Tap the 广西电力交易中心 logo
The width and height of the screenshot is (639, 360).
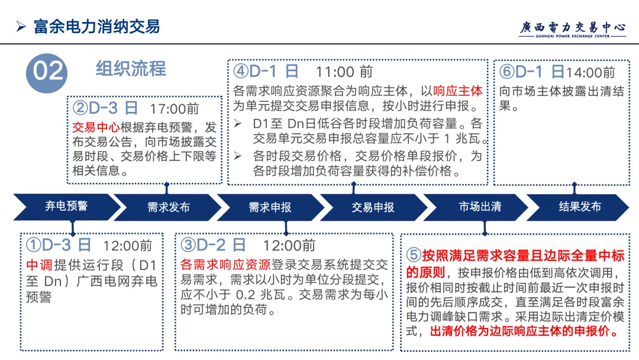(x=572, y=28)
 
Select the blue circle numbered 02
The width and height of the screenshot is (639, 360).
(x=47, y=71)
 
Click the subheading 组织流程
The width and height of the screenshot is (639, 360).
(x=131, y=69)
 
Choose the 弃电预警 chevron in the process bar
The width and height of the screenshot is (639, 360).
(x=66, y=207)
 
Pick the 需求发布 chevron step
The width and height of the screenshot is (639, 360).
(x=168, y=207)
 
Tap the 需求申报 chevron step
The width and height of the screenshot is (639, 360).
(x=270, y=207)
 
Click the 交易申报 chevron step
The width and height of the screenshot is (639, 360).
(x=373, y=207)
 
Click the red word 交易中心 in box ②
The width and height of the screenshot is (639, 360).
(x=96, y=127)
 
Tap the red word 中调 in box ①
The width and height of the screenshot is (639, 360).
(x=40, y=265)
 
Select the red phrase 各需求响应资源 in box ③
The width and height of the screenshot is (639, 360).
(x=225, y=265)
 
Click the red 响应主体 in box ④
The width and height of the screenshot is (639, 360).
(x=458, y=91)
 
